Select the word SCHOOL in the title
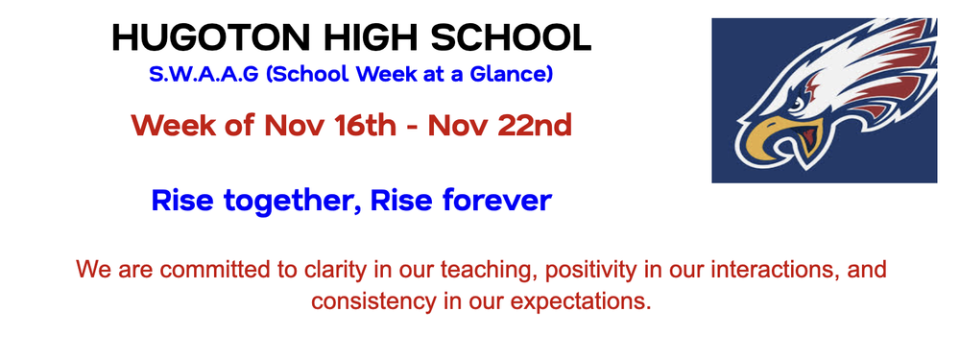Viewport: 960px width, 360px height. pyautogui.click(x=510, y=37)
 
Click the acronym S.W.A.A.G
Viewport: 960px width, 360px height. pyautogui.click(x=204, y=74)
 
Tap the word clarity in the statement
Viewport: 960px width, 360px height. pyautogui.click(x=315, y=270)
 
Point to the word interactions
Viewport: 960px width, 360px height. pyautogui.click(x=743, y=270)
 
